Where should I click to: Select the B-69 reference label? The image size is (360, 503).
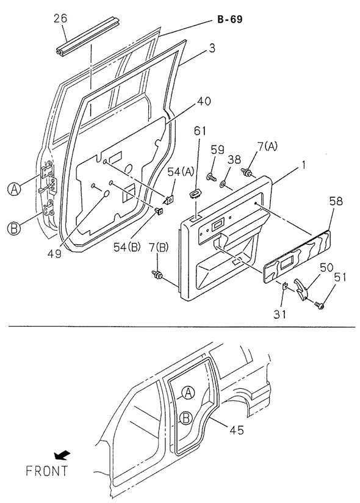(229, 20)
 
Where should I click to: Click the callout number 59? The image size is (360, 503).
(218, 150)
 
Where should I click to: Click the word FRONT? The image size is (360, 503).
(47, 471)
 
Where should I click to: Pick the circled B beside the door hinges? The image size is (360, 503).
(13, 229)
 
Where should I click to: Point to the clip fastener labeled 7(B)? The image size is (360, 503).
(157, 276)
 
